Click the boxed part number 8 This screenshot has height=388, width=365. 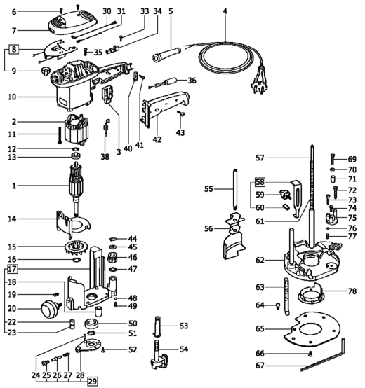pyautogui.click(x=14, y=50)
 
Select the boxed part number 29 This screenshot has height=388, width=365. pyautogui.click(x=92, y=381)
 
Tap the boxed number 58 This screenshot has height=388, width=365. pyautogui.click(x=260, y=182)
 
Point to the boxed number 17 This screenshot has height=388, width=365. pyautogui.click(x=12, y=269)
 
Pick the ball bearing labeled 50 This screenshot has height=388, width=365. pyautogui.click(x=92, y=323)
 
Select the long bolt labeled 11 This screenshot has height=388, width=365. pyautogui.click(x=60, y=135)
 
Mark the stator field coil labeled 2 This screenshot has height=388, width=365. pyautogui.click(x=76, y=130)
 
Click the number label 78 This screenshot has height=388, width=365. pyautogui.click(x=352, y=291)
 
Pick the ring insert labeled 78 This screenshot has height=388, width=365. pyautogui.click(x=310, y=294)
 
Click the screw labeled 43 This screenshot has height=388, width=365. pyautogui.click(x=181, y=113)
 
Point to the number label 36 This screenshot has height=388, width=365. pyautogui.click(x=192, y=81)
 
